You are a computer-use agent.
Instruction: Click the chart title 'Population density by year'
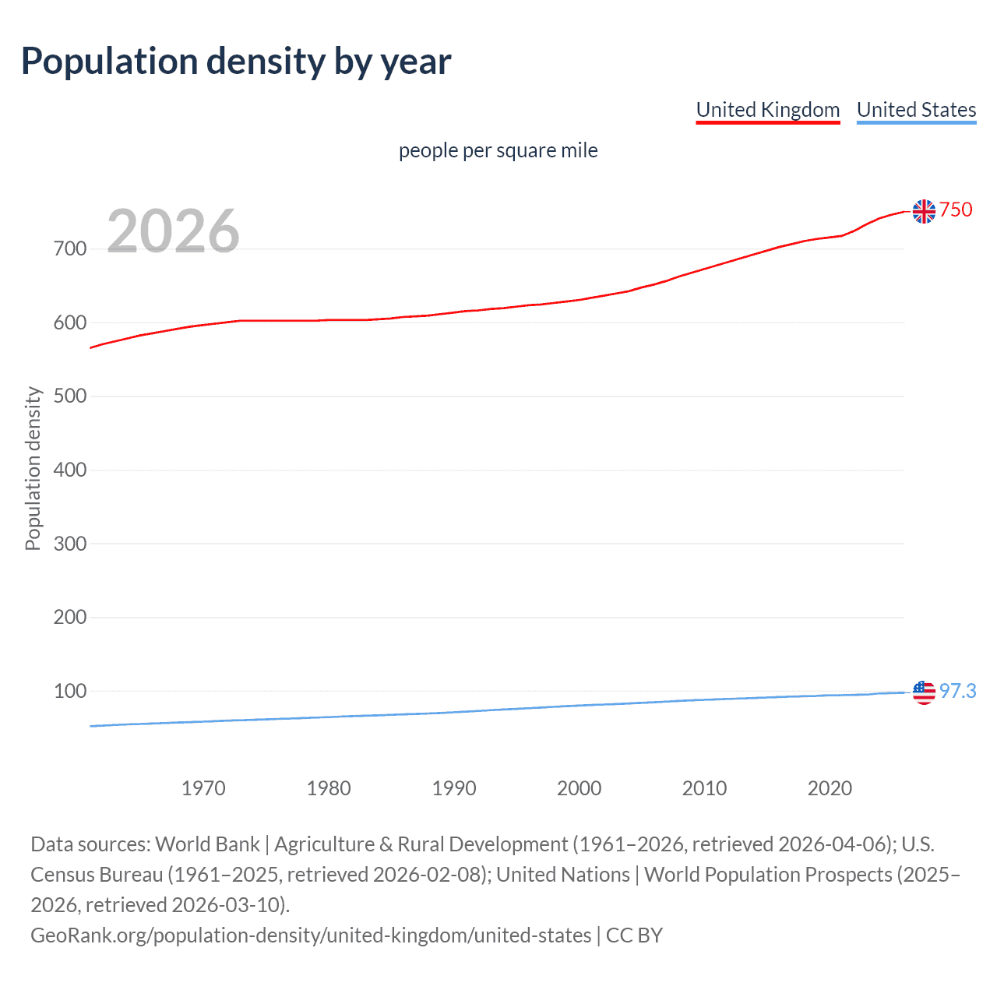point(236,62)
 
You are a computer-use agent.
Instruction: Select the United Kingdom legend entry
point(768,110)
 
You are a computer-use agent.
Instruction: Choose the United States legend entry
point(916,110)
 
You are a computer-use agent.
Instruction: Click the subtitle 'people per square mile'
point(498,150)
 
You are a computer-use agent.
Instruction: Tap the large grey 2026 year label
point(173,231)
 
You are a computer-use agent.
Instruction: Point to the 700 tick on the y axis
point(70,249)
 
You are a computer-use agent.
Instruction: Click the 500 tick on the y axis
point(70,396)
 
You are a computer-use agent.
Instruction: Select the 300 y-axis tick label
point(70,544)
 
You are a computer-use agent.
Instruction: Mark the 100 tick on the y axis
point(70,691)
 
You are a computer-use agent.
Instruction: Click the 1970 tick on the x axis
point(203,788)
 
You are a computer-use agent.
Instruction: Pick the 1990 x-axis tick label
point(454,788)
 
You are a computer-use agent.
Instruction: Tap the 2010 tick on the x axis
point(704,788)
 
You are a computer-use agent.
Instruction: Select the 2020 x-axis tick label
point(830,788)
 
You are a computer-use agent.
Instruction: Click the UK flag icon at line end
point(924,211)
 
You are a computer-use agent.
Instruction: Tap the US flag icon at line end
point(924,692)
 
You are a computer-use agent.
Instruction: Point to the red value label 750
point(956,210)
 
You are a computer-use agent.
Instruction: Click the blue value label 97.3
point(957,692)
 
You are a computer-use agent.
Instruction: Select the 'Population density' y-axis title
point(33,469)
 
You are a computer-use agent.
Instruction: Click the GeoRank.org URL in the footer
point(311,935)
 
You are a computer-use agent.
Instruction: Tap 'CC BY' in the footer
point(634,935)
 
